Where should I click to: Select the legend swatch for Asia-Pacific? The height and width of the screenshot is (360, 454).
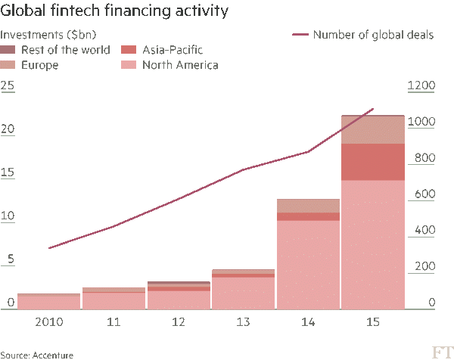[128, 50]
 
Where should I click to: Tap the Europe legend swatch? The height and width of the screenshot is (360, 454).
[8, 66]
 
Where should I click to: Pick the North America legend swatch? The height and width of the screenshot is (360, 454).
[128, 66]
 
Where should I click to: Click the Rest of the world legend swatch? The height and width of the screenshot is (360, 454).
[8, 50]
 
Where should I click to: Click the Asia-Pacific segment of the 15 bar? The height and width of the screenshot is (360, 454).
[373, 162]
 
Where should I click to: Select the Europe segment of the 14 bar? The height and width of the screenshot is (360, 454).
[308, 206]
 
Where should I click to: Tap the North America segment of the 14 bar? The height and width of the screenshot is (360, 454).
[308, 265]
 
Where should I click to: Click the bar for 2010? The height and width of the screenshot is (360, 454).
[48, 302]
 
